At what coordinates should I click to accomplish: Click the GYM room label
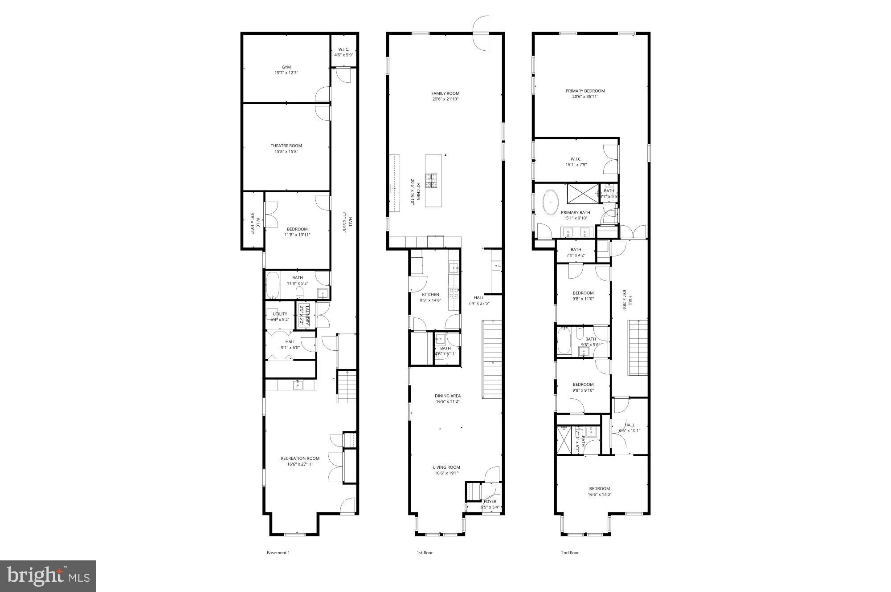click(x=286, y=67)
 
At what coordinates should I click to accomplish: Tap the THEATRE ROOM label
click(x=286, y=146)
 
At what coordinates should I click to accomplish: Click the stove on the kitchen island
click(x=431, y=181)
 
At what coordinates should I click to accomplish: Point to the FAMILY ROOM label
click(x=445, y=93)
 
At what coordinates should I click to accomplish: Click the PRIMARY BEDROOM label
click(x=585, y=91)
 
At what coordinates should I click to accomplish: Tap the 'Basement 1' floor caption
click(x=278, y=553)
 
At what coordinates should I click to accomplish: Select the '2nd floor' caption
click(x=570, y=553)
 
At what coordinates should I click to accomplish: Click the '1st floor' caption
click(x=425, y=553)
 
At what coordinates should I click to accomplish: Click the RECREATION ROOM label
click(x=300, y=458)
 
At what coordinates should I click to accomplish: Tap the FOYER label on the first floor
click(x=490, y=502)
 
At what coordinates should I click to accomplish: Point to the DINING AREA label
click(x=448, y=396)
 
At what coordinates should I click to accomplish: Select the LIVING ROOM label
click(x=446, y=467)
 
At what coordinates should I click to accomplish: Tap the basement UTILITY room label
click(x=280, y=314)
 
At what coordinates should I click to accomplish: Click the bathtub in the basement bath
click(x=272, y=286)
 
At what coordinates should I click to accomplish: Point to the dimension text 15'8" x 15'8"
click(x=286, y=151)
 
